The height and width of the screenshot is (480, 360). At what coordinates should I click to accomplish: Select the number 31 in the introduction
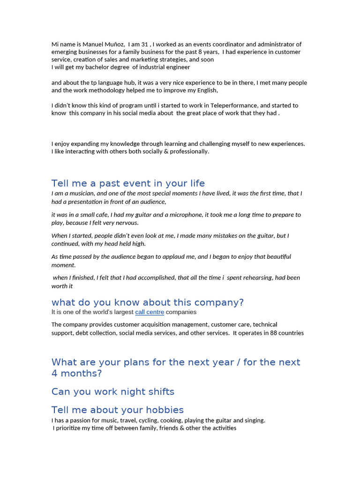click(144, 44)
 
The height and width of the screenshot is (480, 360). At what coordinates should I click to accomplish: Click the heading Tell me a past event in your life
click(128, 183)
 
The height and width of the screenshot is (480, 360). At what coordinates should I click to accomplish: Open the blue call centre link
click(150, 312)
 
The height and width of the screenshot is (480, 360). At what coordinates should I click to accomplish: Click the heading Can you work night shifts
click(112, 391)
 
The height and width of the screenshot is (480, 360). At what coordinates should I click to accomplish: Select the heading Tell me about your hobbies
click(117, 410)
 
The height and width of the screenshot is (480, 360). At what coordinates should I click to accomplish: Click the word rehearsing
click(257, 277)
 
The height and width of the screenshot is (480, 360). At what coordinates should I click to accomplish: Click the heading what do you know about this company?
click(148, 302)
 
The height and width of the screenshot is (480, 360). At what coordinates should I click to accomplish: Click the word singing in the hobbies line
click(254, 420)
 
